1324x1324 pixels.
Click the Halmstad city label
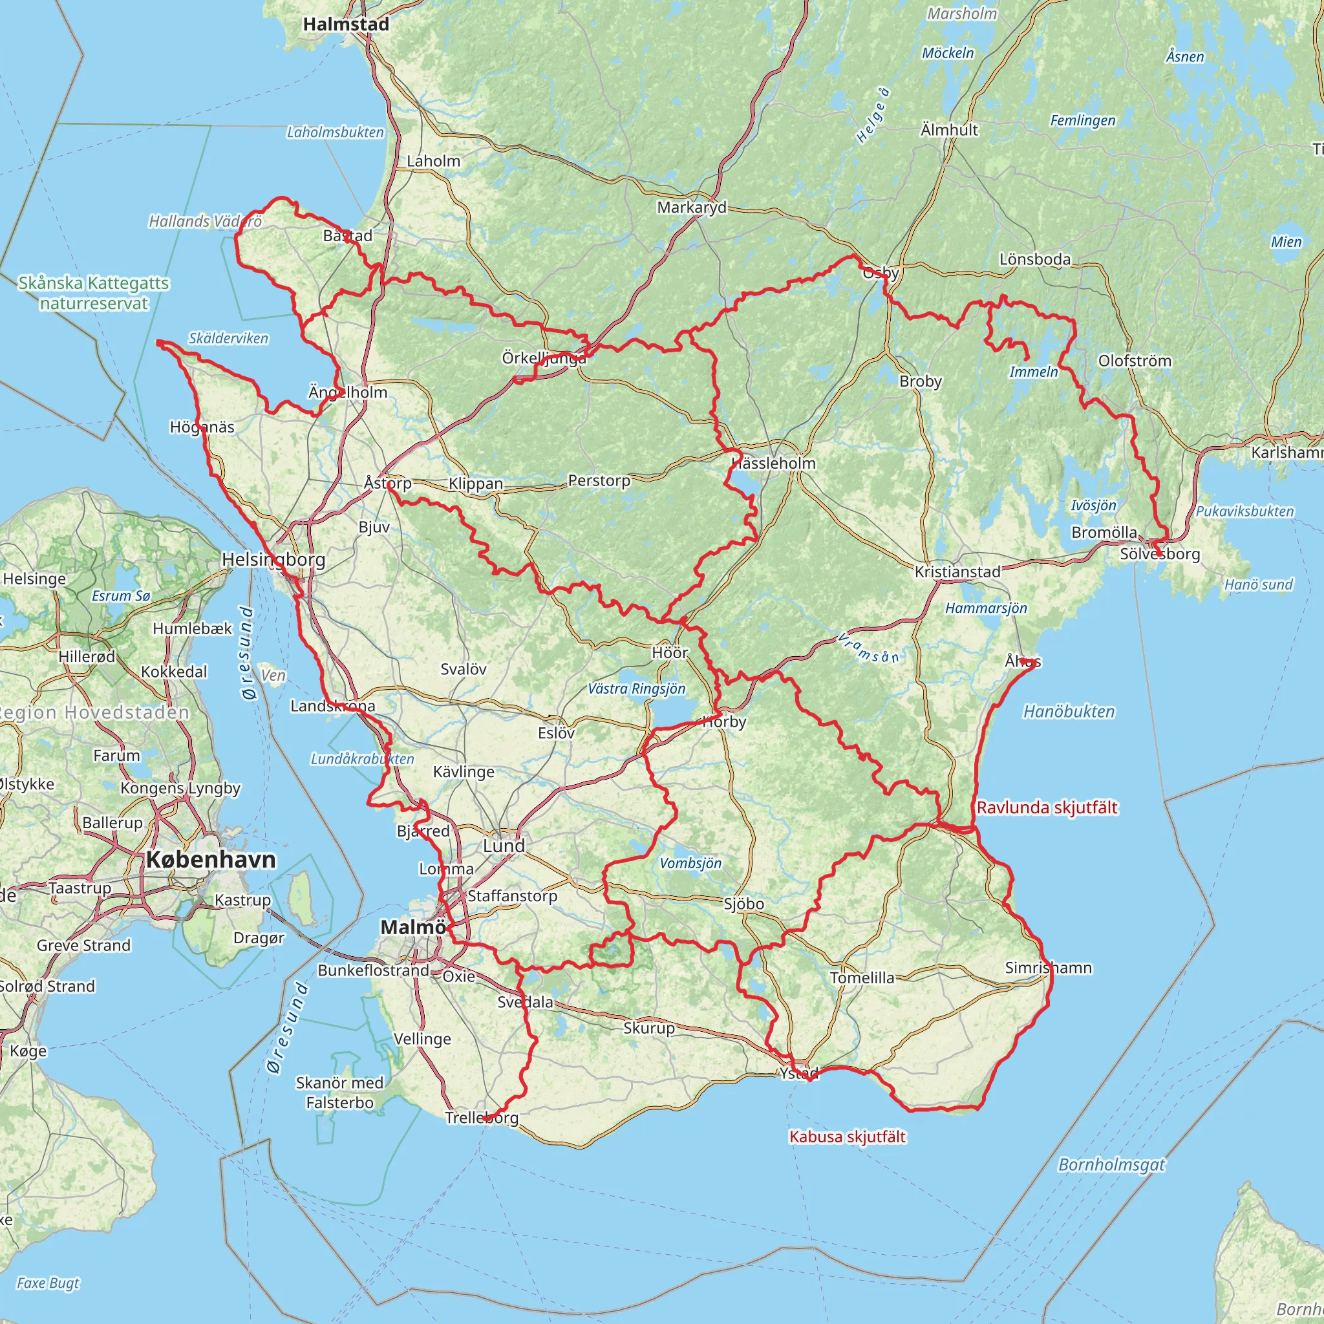point(346,25)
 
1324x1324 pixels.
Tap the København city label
point(211,859)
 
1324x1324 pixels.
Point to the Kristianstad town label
point(957,571)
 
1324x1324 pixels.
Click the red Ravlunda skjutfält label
point(1047,808)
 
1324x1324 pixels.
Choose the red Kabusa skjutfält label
point(847,1137)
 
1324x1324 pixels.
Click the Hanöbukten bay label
point(1069,711)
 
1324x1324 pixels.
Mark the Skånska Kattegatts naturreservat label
point(94,294)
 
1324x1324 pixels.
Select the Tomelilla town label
point(862,978)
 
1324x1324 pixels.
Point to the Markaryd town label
point(692,208)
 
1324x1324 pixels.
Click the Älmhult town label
point(949,130)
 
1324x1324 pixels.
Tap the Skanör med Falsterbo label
point(340,1093)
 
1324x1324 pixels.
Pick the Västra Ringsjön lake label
point(636,689)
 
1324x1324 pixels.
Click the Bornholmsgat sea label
point(1111,1165)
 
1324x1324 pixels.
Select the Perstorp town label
point(599,480)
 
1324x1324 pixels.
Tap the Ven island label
point(273,676)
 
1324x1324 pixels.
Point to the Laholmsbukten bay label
point(335,133)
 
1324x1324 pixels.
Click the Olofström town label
point(1134,361)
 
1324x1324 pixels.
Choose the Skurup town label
point(649,1028)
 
